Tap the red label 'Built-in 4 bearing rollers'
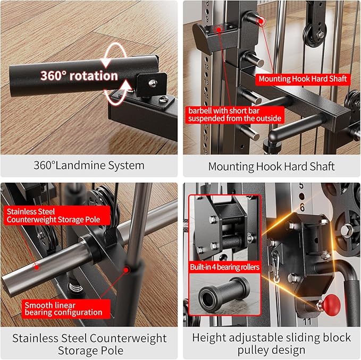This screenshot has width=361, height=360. [224, 267]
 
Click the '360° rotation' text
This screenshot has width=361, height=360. [79, 75]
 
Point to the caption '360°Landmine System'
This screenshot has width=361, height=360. [89, 166]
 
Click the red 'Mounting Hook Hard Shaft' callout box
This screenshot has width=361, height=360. [303, 79]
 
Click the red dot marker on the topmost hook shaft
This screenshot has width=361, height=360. [261, 21]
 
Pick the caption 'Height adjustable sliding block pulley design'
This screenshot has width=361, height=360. [271, 344]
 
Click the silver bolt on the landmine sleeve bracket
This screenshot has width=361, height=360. [152, 82]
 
